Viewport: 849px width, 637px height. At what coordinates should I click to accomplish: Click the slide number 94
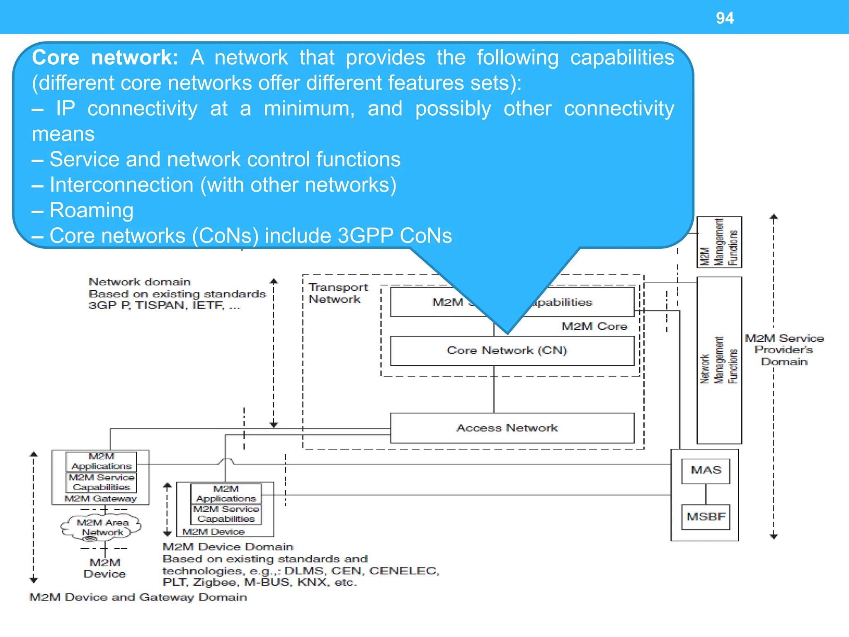pos(725,18)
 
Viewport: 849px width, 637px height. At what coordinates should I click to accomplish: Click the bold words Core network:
pos(105,58)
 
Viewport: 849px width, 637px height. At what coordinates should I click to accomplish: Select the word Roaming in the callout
pos(92,210)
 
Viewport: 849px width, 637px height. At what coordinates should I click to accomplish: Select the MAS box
pos(706,470)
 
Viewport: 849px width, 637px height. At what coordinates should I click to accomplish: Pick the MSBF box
pos(706,517)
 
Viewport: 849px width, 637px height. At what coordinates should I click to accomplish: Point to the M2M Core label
pos(594,326)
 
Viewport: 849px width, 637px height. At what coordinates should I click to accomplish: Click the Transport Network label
pos(337,293)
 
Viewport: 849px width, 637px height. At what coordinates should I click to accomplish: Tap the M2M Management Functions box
pos(719,242)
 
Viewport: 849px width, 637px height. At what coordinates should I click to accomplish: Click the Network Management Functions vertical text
pos(719,360)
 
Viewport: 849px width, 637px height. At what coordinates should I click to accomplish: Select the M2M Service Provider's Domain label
pos(784,350)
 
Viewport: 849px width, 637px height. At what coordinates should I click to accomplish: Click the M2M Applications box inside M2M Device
pos(226,494)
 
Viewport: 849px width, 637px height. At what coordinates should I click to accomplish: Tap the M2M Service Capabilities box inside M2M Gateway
pos(102,482)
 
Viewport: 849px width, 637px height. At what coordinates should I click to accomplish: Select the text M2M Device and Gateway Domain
pos(138,597)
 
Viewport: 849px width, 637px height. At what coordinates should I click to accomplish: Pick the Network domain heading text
pos(139,282)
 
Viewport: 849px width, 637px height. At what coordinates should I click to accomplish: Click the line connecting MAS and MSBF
pos(706,494)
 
